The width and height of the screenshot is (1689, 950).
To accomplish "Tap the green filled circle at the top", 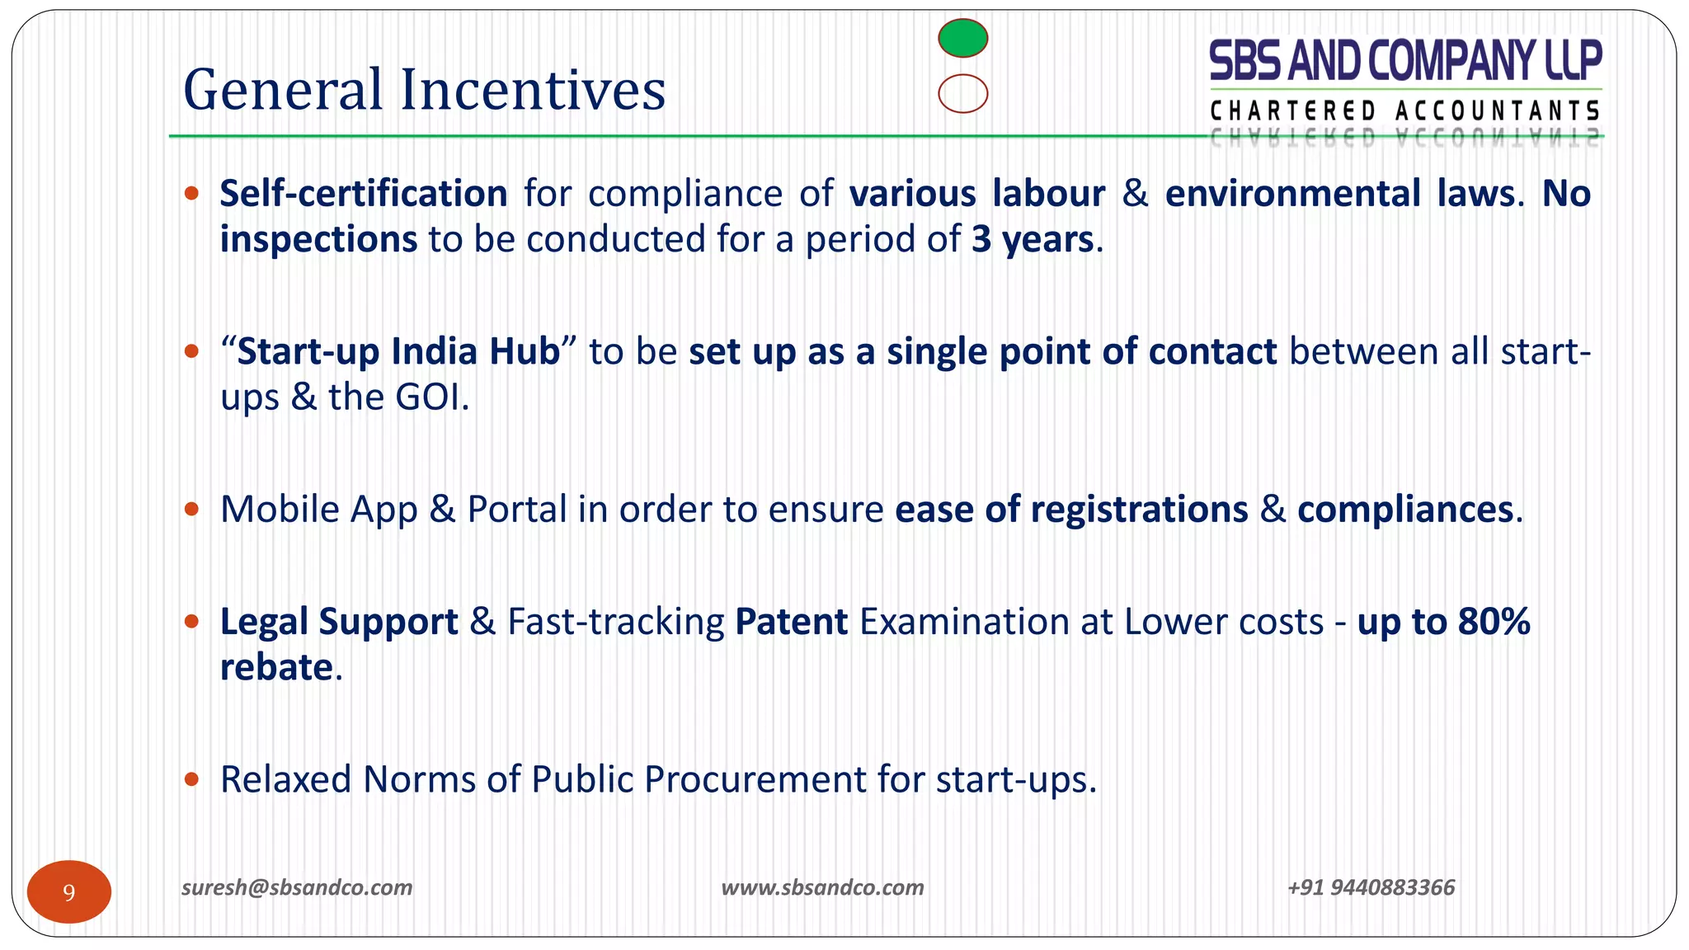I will (x=962, y=38).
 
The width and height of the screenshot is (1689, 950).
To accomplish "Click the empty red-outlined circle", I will (x=962, y=93).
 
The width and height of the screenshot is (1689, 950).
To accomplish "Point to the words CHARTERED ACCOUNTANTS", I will (x=1405, y=111).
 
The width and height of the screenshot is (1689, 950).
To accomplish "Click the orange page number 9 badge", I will (x=69, y=891).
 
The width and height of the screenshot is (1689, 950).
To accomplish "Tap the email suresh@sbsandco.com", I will (x=297, y=887).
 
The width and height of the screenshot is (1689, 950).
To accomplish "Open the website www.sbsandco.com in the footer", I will (x=822, y=887).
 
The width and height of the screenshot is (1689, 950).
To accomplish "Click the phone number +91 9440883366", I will (x=1371, y=887).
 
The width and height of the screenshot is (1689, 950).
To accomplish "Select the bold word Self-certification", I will (x=363, y=194).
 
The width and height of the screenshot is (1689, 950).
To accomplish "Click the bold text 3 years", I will (x=1032, y=240).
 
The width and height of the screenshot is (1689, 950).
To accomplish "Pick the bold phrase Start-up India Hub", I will (x=398, y=351).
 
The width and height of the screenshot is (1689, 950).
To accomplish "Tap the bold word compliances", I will (x=1404, y=510).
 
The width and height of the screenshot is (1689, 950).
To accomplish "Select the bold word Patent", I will (x=791, y=622).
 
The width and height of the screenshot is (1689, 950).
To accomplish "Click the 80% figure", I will (x=1494, y=622).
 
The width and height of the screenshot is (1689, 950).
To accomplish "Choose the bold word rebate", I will (x=276, y=667).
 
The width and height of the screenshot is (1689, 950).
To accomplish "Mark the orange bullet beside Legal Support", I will (x=191, y=621).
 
